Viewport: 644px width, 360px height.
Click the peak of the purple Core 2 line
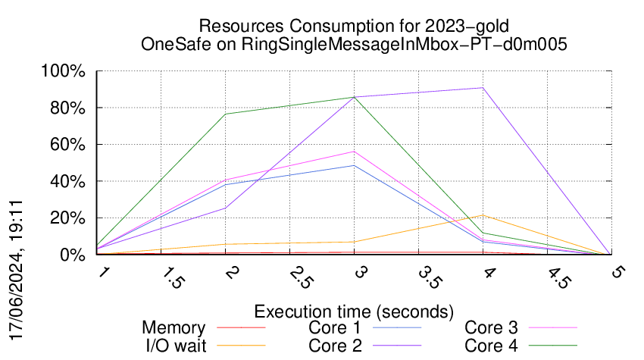tap(483, 88)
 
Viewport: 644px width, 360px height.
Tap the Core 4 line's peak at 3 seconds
tap(354, 97)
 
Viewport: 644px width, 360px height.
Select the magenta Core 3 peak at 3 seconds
tap(354, 152)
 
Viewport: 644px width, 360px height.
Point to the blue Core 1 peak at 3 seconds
tap(354, 165)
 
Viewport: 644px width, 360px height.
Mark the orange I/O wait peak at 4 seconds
tap(483, 215)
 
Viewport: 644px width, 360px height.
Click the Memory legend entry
tap(174, 328)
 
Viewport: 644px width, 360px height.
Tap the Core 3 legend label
tap(491, 328)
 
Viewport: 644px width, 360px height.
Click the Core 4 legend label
tap(491, 346)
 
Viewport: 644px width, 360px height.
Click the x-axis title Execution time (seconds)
tap(354, 311)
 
